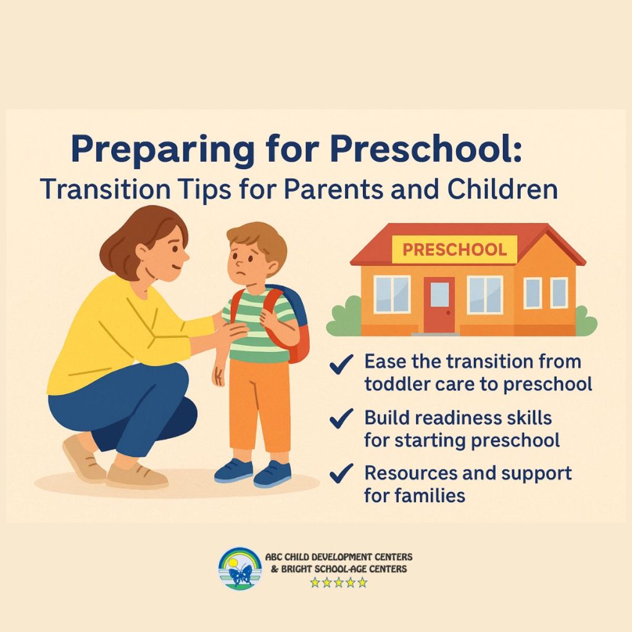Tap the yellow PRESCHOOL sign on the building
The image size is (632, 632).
tap(455, 249)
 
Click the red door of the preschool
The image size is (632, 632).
tap(439, 305)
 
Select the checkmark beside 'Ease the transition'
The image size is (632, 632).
tap(341, 364)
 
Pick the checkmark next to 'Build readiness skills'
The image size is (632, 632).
tap(341, 418)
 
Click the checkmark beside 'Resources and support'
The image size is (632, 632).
tap(341, 473)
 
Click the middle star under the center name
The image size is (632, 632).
tap(339, 583)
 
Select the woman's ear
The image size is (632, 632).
tap(143, 252)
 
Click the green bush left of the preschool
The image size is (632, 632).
tap(343, 317)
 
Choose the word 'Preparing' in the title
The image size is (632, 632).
tap(163, 150)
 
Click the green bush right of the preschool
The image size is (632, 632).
tap(586, 321)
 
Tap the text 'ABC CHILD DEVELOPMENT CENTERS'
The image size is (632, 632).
tap(339, 557)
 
